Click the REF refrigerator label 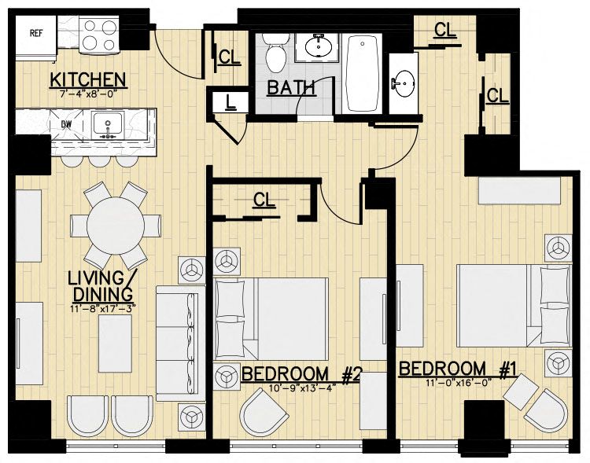pos(36,33)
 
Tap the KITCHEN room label pos(88,79)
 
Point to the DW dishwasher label pos(67,124)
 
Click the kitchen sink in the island pos(108,124)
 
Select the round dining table pos(116,226)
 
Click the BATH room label pos(290,88)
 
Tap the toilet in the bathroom pos(276,53)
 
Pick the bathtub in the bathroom pos(362,73)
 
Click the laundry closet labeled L pos(228,102)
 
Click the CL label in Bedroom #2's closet pos(264,200)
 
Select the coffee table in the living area pos(115,344)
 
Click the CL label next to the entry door pos(229,57)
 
